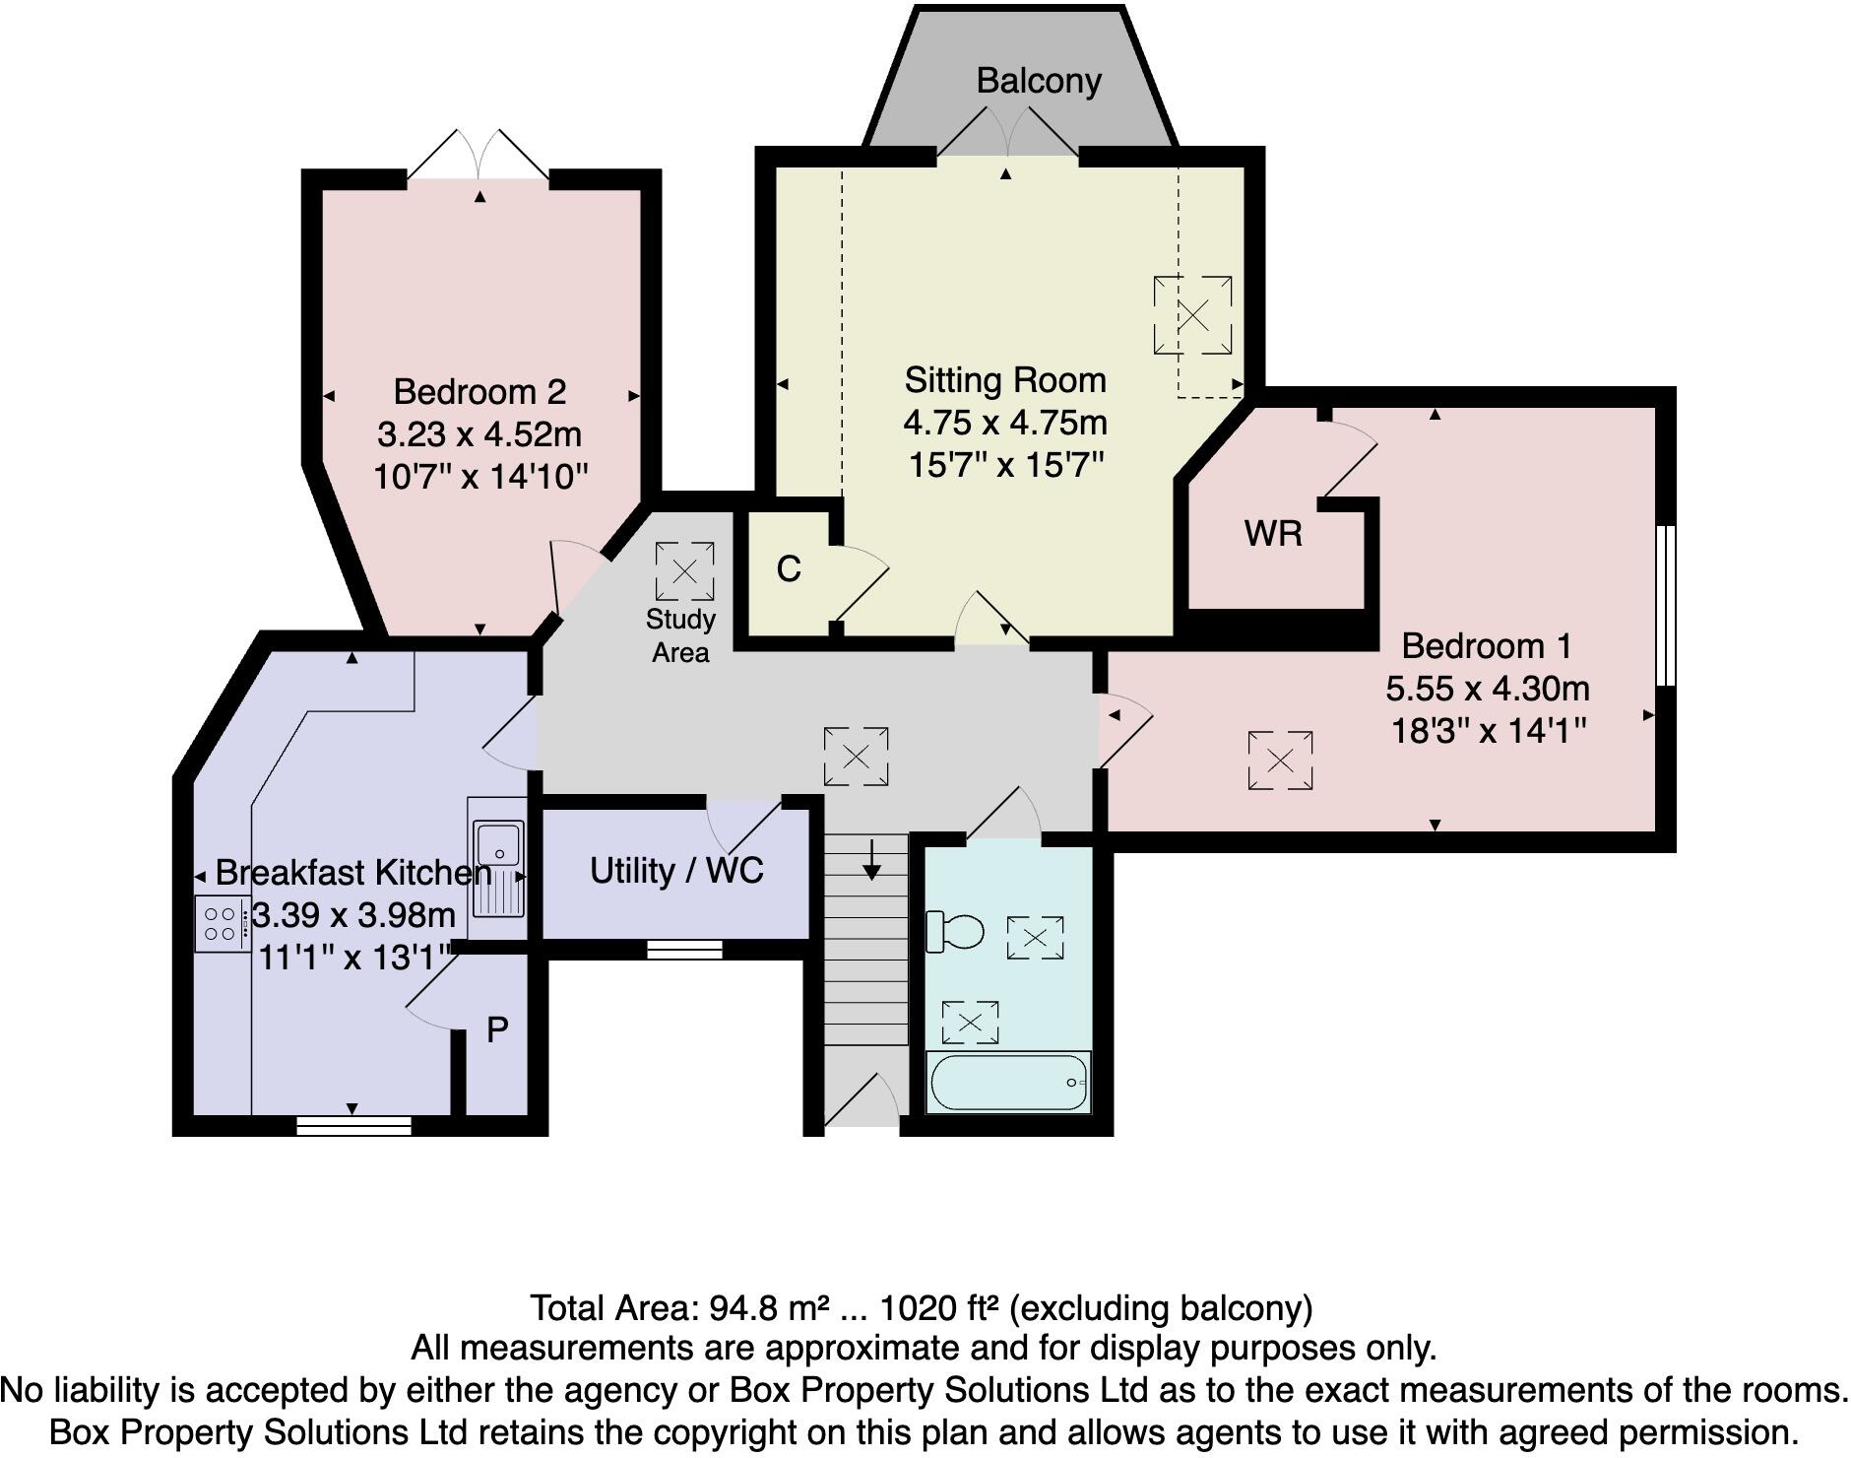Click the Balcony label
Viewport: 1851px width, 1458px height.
1038,81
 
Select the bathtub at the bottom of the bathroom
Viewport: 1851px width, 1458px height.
1008,1083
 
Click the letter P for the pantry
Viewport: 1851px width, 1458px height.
498,1030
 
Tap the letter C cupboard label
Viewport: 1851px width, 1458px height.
788,569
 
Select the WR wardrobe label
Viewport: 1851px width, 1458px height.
1272,534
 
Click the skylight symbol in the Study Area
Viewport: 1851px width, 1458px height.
684,570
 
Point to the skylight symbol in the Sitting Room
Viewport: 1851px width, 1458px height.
1192,315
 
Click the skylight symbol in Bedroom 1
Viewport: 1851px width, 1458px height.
1280,760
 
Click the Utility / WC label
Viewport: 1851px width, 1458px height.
676,871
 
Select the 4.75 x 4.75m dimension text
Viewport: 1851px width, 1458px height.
1005,423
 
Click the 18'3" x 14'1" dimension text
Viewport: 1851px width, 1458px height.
1488,731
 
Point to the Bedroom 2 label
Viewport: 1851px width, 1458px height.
479,392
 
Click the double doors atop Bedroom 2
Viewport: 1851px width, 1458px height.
479,156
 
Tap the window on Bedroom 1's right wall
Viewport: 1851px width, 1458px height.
1663,605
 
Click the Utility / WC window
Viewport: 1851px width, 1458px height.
684,949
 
